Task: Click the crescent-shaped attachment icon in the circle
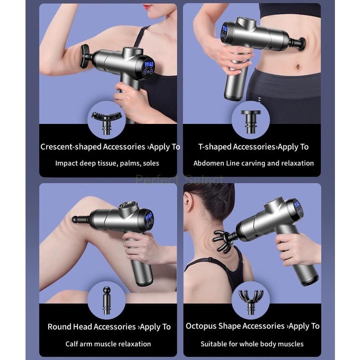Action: tap(106, 121)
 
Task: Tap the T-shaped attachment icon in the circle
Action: tap(251, 121)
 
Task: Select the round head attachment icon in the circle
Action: tap(107, 300)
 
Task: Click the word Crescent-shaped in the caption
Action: tap(71, 147)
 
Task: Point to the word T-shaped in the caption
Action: tap(215, 147)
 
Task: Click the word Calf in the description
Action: tap(70, 344)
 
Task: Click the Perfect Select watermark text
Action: tap(179, 180)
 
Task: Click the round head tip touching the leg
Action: tap(76, 219)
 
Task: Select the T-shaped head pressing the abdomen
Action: tap(302, 44)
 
